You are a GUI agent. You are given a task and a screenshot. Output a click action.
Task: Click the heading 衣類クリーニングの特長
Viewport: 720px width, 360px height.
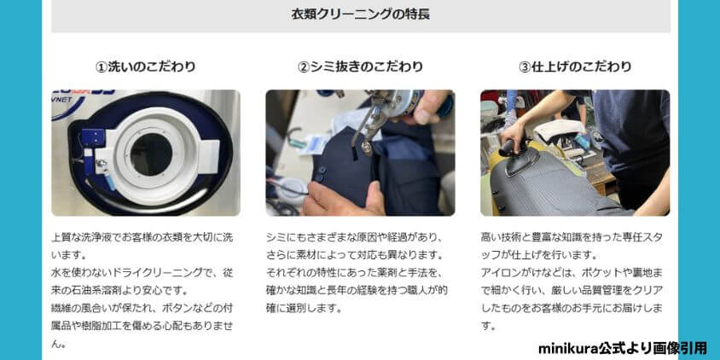[x=359, y=14]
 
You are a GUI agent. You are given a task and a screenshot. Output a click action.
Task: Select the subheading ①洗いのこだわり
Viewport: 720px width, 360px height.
[x=145, y=67]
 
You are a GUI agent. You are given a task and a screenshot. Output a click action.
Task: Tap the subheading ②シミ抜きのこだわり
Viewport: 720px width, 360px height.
[x=360, y=67]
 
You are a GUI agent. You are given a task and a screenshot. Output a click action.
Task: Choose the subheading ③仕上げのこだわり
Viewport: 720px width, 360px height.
[x=575, y=67]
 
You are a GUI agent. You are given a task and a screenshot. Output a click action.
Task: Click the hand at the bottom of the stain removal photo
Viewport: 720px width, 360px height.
[x=341, y=198]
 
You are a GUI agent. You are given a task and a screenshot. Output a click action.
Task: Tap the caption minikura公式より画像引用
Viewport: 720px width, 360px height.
[x=623, y=348]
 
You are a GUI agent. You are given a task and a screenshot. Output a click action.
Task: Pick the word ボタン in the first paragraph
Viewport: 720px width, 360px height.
[x=168, y=308]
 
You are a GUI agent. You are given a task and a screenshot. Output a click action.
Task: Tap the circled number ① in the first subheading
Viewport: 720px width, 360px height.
[x=102, y=67]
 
